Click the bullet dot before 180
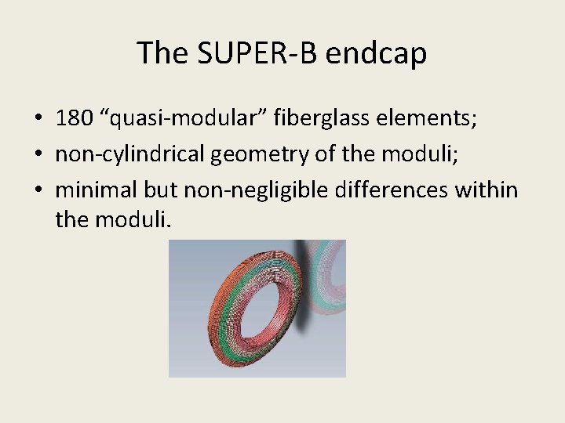[38, 119]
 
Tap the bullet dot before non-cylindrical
[38, 154]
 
